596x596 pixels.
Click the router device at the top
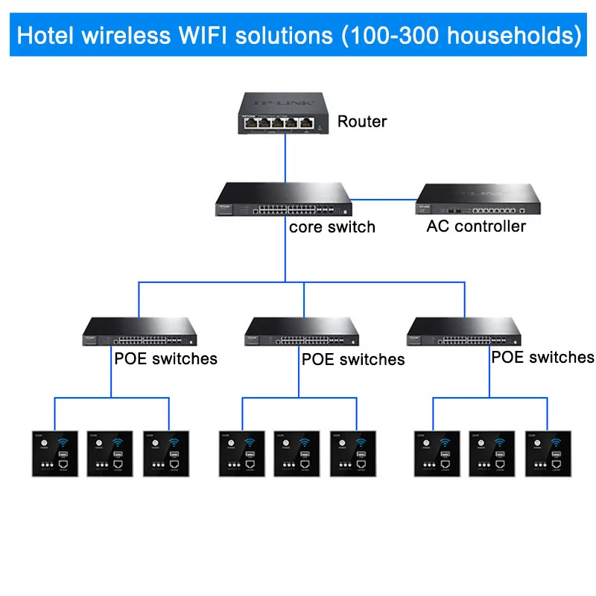click(284, 114)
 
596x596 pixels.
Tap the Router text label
click(362, 121)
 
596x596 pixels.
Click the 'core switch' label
click(332, 226)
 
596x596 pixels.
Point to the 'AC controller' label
click(476, 226)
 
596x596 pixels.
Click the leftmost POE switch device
click(139, 332)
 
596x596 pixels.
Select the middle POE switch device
click(302, 332)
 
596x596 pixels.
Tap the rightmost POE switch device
click(463, 332)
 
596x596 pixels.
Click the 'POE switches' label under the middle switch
click(353, 360)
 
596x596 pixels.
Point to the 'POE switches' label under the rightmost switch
click(542, 358)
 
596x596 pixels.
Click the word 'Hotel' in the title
click(45, 36)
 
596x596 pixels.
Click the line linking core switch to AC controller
click(384, 199)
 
